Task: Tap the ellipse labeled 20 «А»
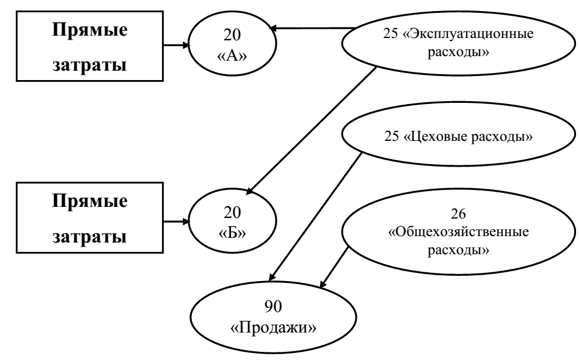[x=232, y=43]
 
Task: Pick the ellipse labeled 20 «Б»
[x=232, y=223]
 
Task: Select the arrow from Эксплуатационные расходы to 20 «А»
[x=313, y=27]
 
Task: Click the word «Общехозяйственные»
[x=459, y=232]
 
